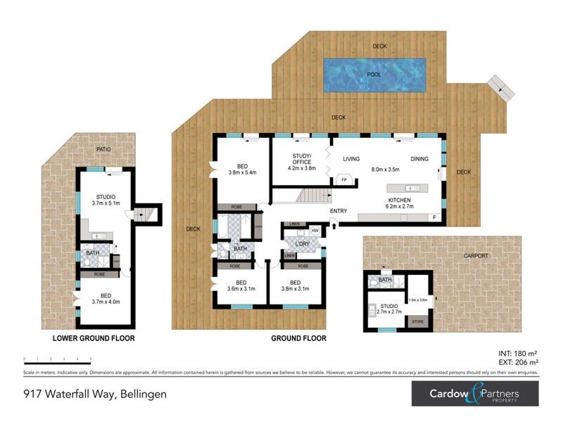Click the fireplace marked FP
(x=344, y=180)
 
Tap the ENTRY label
(x=338, y=211)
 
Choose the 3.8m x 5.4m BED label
(x=242, y=168)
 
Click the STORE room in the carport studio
(x=417, y=321)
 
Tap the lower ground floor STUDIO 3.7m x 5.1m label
(x=106, y=199)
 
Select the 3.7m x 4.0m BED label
(x=106, y=298)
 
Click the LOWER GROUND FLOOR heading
(x=94, y=338)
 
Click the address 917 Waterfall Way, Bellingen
(x=94, y=394)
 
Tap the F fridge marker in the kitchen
(x=434, y=218)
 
